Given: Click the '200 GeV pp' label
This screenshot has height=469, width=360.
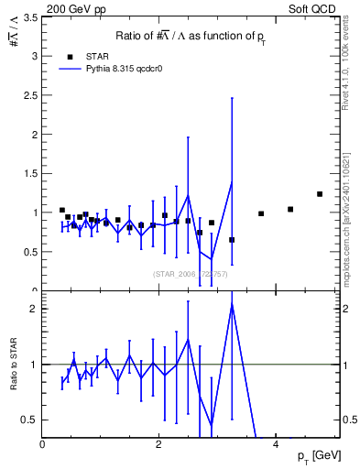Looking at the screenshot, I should [71, 7].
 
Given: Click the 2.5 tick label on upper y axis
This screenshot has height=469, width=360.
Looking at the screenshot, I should [28, 96].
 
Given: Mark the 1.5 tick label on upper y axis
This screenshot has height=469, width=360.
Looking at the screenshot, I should [28, 174].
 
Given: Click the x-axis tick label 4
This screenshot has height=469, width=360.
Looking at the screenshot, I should [276, 445].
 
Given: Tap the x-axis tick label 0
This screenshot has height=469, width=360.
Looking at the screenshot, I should [43, 445].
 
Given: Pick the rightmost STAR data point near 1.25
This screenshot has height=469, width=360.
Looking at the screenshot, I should [320, 194].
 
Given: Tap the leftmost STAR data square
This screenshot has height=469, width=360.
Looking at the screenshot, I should [62, 210].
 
